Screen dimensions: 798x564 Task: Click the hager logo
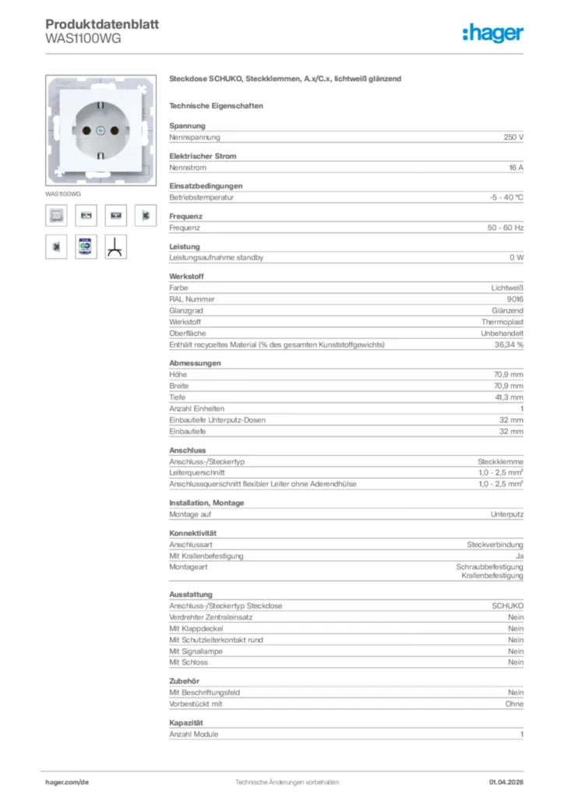pyautogui.click(x=492, y=33)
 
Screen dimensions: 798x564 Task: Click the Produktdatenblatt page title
pyautogui.click(x=102, y=24)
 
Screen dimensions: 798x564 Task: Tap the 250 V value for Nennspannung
pyautogui.click(x=513, y=137)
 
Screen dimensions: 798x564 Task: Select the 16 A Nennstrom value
pyautogui.click(x=515, y=168)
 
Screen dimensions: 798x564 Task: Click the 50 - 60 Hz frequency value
pyautogui.click(x=506, y=228)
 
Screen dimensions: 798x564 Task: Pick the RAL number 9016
pyautogui.click(x=514, y=299)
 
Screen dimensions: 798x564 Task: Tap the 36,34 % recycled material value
pyautogui.click(x=509, y=344)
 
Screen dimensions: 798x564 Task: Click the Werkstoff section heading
pyautogui.click(x=185, y=277)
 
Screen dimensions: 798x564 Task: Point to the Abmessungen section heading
pyautogui.click(x=195, y=363)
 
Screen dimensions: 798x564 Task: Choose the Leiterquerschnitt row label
pyautogui.click(x=197, y=473)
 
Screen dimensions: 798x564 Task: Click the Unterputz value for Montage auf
pyautogui.click(x=506, y=514)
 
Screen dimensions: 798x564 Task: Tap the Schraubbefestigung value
pyautogui.click(x=489, y=567)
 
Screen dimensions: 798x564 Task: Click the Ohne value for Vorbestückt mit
pyautogui.click(x=514, y=704)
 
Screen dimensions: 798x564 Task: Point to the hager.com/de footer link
pyautogui.click(x=67, y=782)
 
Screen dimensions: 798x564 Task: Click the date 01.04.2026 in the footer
pyautogui.click(x=506, y=782)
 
